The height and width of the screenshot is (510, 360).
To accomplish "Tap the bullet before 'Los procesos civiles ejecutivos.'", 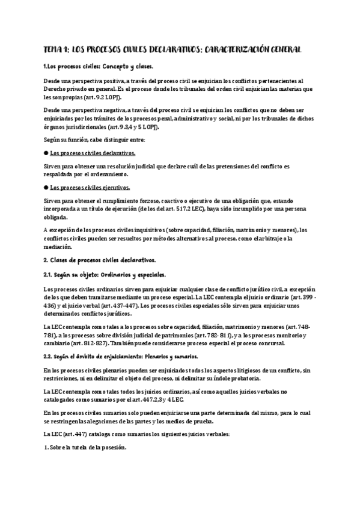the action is [46, 187].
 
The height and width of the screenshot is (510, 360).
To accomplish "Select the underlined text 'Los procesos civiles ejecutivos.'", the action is [90, 187].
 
